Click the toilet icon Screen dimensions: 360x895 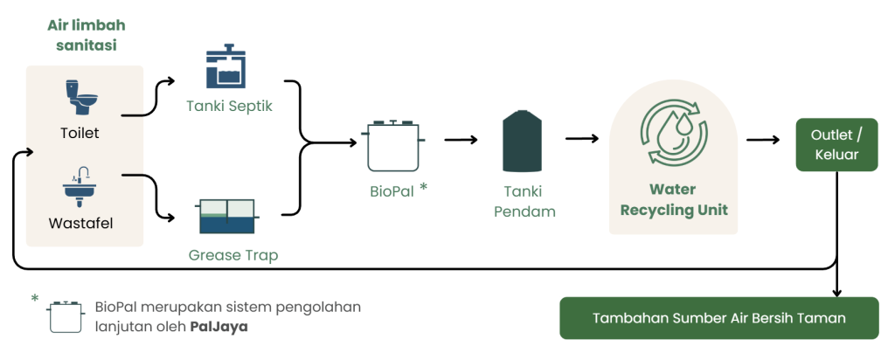click(81, 97)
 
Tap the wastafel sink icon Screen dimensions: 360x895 click(81, 185)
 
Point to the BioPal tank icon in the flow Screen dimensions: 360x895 click(395, 145)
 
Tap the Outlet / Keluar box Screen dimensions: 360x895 click(836, 145)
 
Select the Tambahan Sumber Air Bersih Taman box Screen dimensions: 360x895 click(718, 318)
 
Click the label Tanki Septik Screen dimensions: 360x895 click(230, 107)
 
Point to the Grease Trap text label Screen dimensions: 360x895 click(233, 256)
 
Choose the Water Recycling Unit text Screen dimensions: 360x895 click(674, 200)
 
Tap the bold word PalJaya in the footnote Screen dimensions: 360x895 click(219, 328)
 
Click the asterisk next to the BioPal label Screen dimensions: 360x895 click(424, 186)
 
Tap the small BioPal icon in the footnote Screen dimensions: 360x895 click(64, 317)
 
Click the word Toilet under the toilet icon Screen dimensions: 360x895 click(80, 134)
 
